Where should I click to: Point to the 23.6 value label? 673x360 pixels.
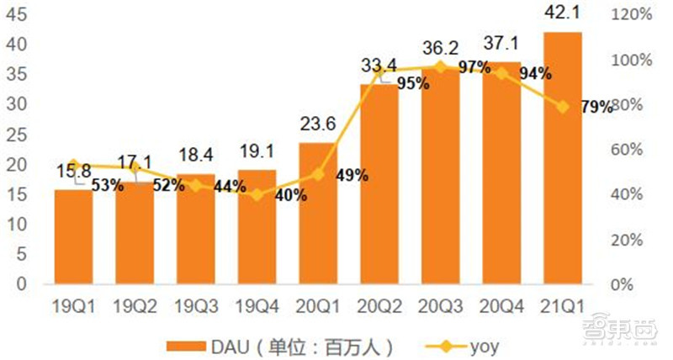pos(318,124)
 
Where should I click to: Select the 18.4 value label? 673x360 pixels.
pos(196,156)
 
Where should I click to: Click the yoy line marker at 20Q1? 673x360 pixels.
pos(318,174)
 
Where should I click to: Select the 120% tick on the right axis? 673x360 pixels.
pos(632,14)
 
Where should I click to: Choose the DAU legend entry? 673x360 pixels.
pos(278,345)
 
